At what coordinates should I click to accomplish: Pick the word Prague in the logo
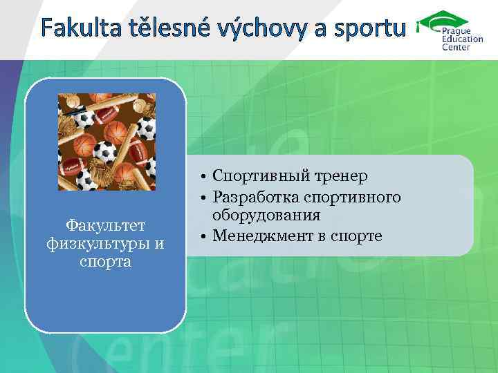coord(456,32)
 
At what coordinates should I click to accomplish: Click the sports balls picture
coord(107,142)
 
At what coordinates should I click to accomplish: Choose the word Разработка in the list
coord(257,198)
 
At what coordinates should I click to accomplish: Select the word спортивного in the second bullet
coord(353,198)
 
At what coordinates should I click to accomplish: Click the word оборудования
coord(266,216)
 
